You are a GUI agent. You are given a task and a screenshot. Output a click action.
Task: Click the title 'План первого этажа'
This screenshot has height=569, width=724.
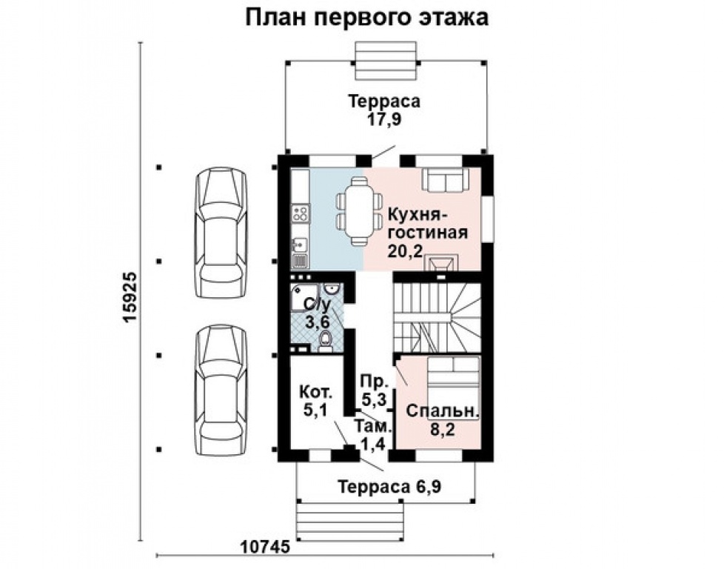(366, 17)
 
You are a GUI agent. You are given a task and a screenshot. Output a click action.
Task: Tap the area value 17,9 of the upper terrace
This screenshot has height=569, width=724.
(384, 119)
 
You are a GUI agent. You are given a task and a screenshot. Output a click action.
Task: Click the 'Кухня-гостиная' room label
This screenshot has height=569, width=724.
(427, 224)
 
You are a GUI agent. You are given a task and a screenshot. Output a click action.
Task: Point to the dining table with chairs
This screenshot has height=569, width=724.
(358, 211)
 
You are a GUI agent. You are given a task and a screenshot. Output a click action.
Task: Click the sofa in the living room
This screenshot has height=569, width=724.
(445, 180)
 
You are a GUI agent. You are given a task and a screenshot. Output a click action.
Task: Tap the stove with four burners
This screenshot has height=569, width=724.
(301, 215)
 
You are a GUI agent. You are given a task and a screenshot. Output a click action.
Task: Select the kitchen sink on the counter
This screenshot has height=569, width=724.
(300, 242)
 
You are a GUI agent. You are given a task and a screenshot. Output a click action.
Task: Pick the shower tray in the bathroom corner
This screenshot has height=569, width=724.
(303, 296)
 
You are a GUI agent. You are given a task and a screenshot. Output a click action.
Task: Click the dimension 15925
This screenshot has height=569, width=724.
(130, 296)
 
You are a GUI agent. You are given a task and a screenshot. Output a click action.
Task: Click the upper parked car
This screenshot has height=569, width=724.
(220, 231)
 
